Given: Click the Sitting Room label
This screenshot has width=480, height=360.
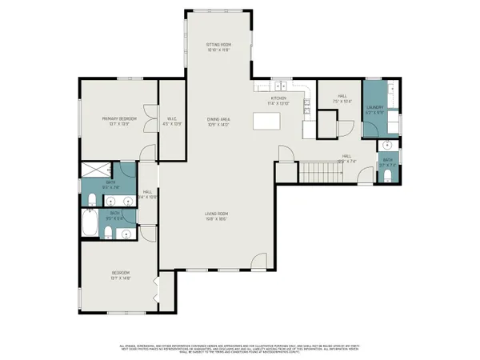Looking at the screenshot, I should (218, 45).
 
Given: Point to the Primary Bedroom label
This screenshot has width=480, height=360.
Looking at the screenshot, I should (119, 118).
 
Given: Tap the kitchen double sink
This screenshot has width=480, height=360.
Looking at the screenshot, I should (280, 86).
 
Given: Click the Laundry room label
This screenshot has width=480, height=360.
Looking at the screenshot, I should (374, 107).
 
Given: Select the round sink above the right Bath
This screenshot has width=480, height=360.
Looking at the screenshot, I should (386, 146).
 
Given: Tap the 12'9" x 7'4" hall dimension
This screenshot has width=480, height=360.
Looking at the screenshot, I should (346, 161).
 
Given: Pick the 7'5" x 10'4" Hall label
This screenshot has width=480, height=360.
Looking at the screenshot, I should (342, 98).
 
